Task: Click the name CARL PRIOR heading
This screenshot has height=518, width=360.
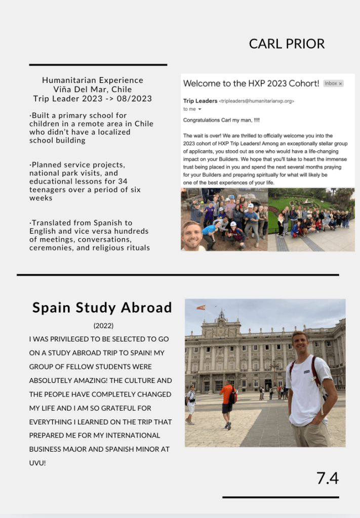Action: point(287,44)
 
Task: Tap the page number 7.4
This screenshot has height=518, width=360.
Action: point(328,479)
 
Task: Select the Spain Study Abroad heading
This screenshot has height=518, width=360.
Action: point(102,308)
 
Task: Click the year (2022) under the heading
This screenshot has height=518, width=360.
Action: point(103,326)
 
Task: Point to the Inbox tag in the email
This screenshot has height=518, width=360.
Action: point(333,83)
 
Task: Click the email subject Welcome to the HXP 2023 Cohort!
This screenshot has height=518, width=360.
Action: point(251,83)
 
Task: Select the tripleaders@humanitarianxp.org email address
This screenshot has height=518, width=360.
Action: point(257,101)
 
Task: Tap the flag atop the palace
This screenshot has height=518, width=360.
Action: point(201,308)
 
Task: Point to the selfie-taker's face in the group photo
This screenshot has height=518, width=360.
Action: point(192,236)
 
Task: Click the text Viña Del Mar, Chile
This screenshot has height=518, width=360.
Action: point(93,90)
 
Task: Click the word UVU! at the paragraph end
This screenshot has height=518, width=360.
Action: point(37,463)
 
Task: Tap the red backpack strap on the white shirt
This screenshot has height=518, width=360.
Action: point(315,372)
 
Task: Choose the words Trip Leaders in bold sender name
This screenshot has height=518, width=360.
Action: point(200,101)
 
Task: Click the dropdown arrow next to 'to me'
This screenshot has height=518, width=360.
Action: point(199,109)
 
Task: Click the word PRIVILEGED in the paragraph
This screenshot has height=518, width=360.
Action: point(76,339)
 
